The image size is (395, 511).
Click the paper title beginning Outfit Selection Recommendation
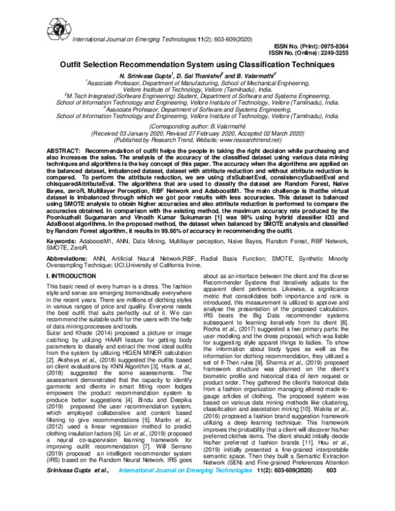[198, 66]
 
